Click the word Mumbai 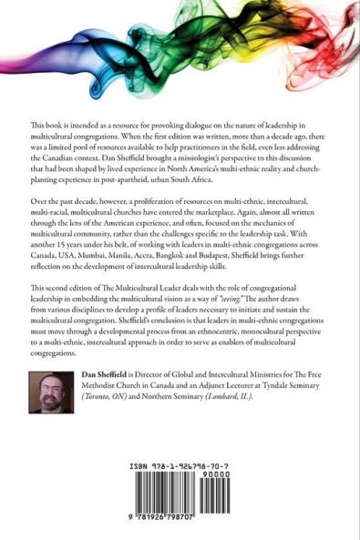tap(105, 270)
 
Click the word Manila tap(139, 270)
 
